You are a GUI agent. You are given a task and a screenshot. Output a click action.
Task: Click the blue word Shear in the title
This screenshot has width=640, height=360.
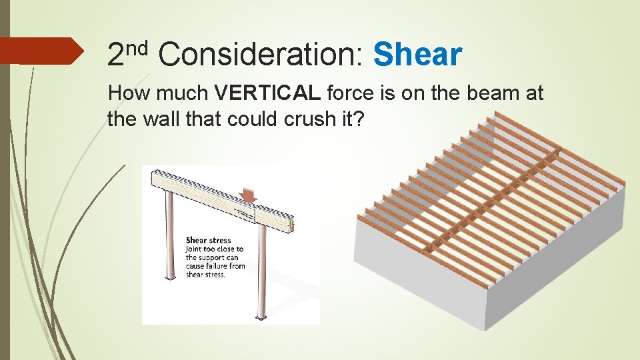pyautogui.click(x=417, y=55)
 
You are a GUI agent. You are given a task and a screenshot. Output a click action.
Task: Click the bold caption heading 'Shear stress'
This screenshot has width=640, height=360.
pyautogui.click(x=208, y=240)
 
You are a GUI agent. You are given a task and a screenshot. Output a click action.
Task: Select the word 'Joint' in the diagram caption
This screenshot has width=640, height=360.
pyautogui.click(x=196, y=249)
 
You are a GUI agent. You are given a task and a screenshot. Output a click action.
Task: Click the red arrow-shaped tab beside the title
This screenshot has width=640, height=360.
pyautogui.click(x=40, y=51)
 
